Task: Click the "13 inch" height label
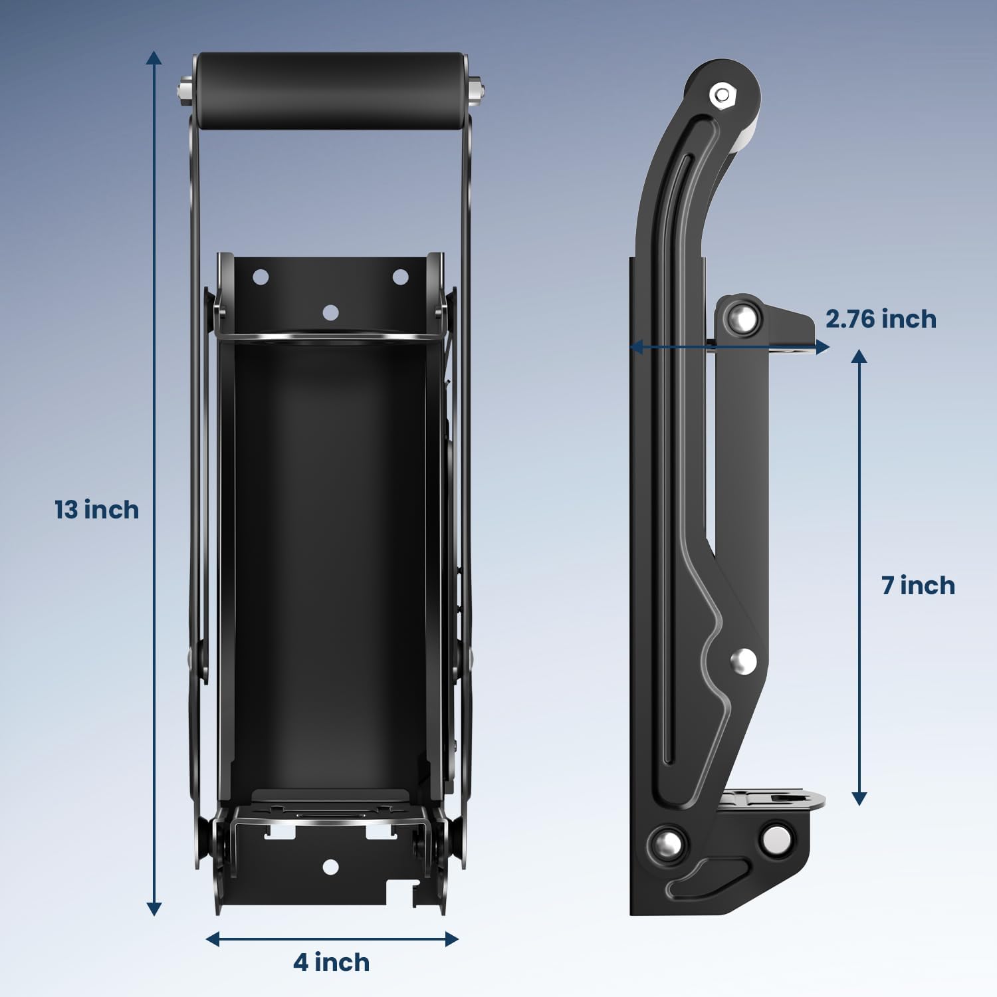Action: pyautogui.click(x=97, y=510)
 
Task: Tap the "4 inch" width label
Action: pyautogui.click(x=332, y=962)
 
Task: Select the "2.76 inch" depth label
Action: pyautogui.click(x=881, y=319)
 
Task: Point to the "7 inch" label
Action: pyautogui.click(x=918, y=586)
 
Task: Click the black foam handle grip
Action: pyautogui.click(x=331, y=90)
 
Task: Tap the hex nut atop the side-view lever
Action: pyautogui.click(x=721, y=96)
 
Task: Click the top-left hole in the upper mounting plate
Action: pyautogui.click(x=261, y=277)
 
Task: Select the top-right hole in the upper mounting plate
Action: pyautogui.click(x=400, y=277)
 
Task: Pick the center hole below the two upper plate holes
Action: pyautogui.click(x=330, y=312)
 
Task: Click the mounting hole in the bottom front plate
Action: pyautogui.click(x=330, y=867)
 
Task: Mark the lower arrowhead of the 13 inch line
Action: pyautogui.click(x=154, y=909)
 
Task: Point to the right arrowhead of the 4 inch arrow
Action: pyautogui.click(x=452, y=939)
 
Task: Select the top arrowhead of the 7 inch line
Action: pyautogui.click(x=859, y=356)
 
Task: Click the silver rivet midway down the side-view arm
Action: pyautogui.click(x=743, y=661)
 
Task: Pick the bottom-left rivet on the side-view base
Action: pyautogui.click(x=667, y=843)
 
